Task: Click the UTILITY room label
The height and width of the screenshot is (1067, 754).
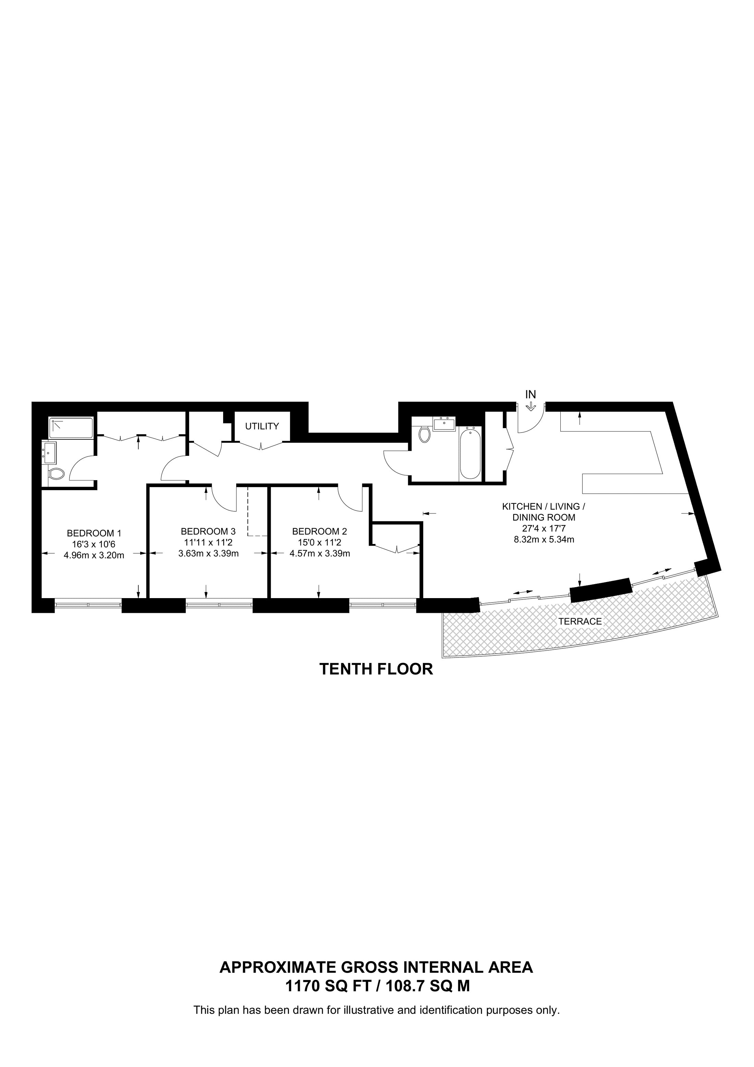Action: pyautogui.click(x=262, y=426)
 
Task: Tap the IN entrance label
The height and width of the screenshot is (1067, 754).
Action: pyautogui.click(x=531, y=394)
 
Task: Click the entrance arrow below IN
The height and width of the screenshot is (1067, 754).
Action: pyautogui.click(x=531, y=407)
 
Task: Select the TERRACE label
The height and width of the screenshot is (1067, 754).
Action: pyautogui.click(x=580, y=621)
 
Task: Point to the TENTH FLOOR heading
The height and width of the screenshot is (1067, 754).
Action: pyautogui.click(x=376, y=669)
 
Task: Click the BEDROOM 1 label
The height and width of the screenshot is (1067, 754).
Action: pyautogui.click(x=94, y=533)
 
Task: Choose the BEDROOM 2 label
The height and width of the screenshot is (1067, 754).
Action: pyautogui.click(x=320, y=531)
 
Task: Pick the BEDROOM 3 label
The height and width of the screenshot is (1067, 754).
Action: pyautogui.click(x=208, y=531)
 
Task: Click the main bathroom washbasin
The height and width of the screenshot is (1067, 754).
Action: pyautogui.click(x=445, y=424)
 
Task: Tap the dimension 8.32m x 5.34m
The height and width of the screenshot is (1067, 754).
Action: pyautogui.click(x=544, y=539)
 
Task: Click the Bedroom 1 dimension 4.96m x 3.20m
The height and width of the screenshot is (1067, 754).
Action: pyautogui.click(x=94, y=555)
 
